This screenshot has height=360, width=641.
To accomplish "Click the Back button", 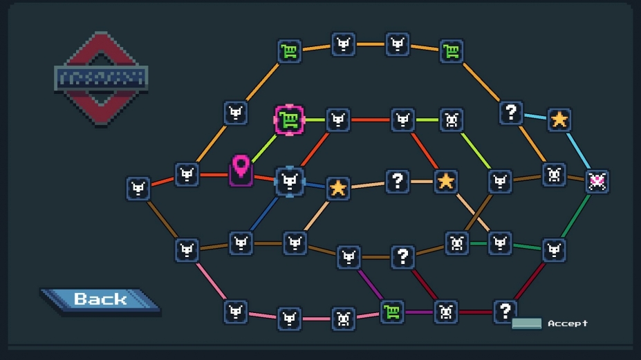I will pos(100,299).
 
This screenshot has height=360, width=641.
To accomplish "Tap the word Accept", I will pos(568,323).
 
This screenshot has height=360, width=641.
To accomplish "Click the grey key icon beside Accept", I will pos(526,323).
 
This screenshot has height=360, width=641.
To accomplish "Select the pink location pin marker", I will pos(241,169).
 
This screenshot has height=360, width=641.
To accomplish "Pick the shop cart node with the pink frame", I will pos(289,120).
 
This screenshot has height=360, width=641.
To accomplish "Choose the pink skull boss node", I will pos(597,181).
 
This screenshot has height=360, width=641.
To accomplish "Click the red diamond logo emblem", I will pos(101,78).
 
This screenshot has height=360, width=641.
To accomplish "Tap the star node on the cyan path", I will pos(559,120).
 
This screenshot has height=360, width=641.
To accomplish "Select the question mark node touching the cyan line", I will pos(511,112).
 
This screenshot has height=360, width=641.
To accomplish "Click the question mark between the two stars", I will pos(397,182).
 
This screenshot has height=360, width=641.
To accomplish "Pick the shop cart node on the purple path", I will pos(392,312).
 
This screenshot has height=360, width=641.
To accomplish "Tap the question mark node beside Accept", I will pos(505,311).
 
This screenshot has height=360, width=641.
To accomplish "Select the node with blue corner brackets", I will pos(289,182).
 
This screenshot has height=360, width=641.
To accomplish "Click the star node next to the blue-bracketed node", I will pos(337,188).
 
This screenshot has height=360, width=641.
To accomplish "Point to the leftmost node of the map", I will pos(138,189).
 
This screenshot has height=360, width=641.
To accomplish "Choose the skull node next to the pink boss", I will pos(554,175).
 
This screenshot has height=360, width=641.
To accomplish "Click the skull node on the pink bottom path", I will pos(343,319).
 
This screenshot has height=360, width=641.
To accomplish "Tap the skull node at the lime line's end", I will pos(452,120).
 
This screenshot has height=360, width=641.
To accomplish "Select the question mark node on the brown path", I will pos(402,257).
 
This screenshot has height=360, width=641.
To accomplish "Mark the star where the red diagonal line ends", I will pos(446,182).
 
